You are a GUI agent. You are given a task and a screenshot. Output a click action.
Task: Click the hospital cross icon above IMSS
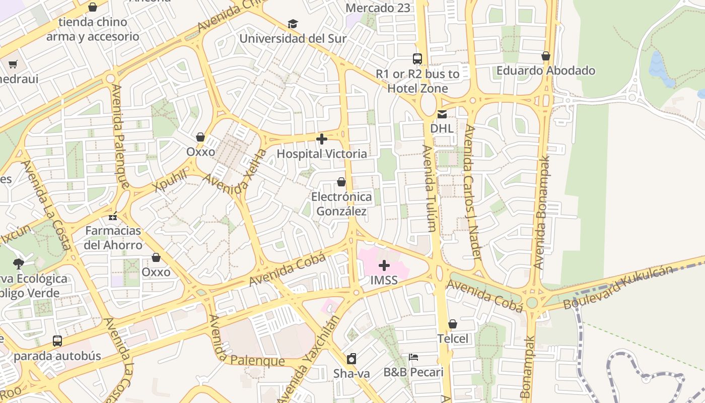384,265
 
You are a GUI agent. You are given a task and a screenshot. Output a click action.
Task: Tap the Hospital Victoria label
322,154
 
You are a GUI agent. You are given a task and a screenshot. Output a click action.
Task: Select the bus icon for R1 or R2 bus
417,59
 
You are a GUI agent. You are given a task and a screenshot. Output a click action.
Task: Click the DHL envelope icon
442,115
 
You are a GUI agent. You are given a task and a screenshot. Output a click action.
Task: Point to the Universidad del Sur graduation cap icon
293,24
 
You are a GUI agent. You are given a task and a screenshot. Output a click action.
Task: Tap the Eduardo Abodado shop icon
545,56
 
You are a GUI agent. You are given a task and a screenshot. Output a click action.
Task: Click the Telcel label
452,339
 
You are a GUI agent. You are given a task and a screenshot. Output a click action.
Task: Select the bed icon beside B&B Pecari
413,357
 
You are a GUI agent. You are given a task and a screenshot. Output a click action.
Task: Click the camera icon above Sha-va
351,359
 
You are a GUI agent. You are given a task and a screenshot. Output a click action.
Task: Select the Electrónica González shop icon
341,182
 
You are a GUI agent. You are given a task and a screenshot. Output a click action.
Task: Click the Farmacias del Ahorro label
113,238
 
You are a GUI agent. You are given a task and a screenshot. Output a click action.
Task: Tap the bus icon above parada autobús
57,341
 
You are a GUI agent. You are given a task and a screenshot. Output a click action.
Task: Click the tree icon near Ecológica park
19,263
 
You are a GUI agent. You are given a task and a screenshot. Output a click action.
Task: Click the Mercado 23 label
378,8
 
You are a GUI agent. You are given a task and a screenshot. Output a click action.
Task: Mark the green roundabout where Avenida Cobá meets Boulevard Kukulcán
532,303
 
